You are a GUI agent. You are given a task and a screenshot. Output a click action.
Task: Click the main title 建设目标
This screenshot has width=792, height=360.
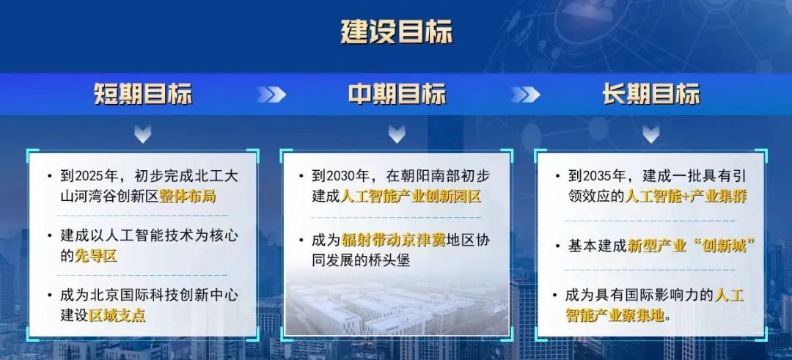[x=397, y=32]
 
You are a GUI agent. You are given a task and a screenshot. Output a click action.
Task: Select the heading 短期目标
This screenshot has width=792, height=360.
[x=143, y=95]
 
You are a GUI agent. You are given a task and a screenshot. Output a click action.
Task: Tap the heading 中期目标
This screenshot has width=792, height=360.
[x=397, y=95]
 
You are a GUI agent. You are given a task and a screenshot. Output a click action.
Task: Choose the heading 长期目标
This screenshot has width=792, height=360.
[x=651, y=95]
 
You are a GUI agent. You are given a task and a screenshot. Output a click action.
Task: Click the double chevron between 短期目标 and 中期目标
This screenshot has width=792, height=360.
[x=271, y=95]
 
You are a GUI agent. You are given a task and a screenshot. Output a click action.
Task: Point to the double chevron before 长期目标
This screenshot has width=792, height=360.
[x=525, y=95]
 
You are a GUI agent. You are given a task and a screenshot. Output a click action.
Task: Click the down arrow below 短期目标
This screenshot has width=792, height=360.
[x=143, y=133]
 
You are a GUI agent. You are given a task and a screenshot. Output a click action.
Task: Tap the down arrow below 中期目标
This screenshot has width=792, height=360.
[x=397, y=133]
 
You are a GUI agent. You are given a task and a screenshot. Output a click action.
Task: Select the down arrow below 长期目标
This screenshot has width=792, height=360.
[x=651, y=133]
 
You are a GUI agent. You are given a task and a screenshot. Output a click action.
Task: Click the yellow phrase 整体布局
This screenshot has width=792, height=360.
[x=188, y=196]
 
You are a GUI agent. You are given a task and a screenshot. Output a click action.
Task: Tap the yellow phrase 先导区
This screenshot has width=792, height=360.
[x=95, y=256]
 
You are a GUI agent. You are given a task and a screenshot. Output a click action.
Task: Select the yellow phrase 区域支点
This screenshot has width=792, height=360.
[x=117, y=315]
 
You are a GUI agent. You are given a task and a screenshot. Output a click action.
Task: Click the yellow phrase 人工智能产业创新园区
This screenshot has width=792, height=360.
[x=411, y=196]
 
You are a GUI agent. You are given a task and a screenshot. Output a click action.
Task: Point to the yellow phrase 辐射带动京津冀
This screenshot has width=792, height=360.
[x=393, y=240]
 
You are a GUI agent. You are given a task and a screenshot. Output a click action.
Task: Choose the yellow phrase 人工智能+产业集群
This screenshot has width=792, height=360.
[x=686, y=196]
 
